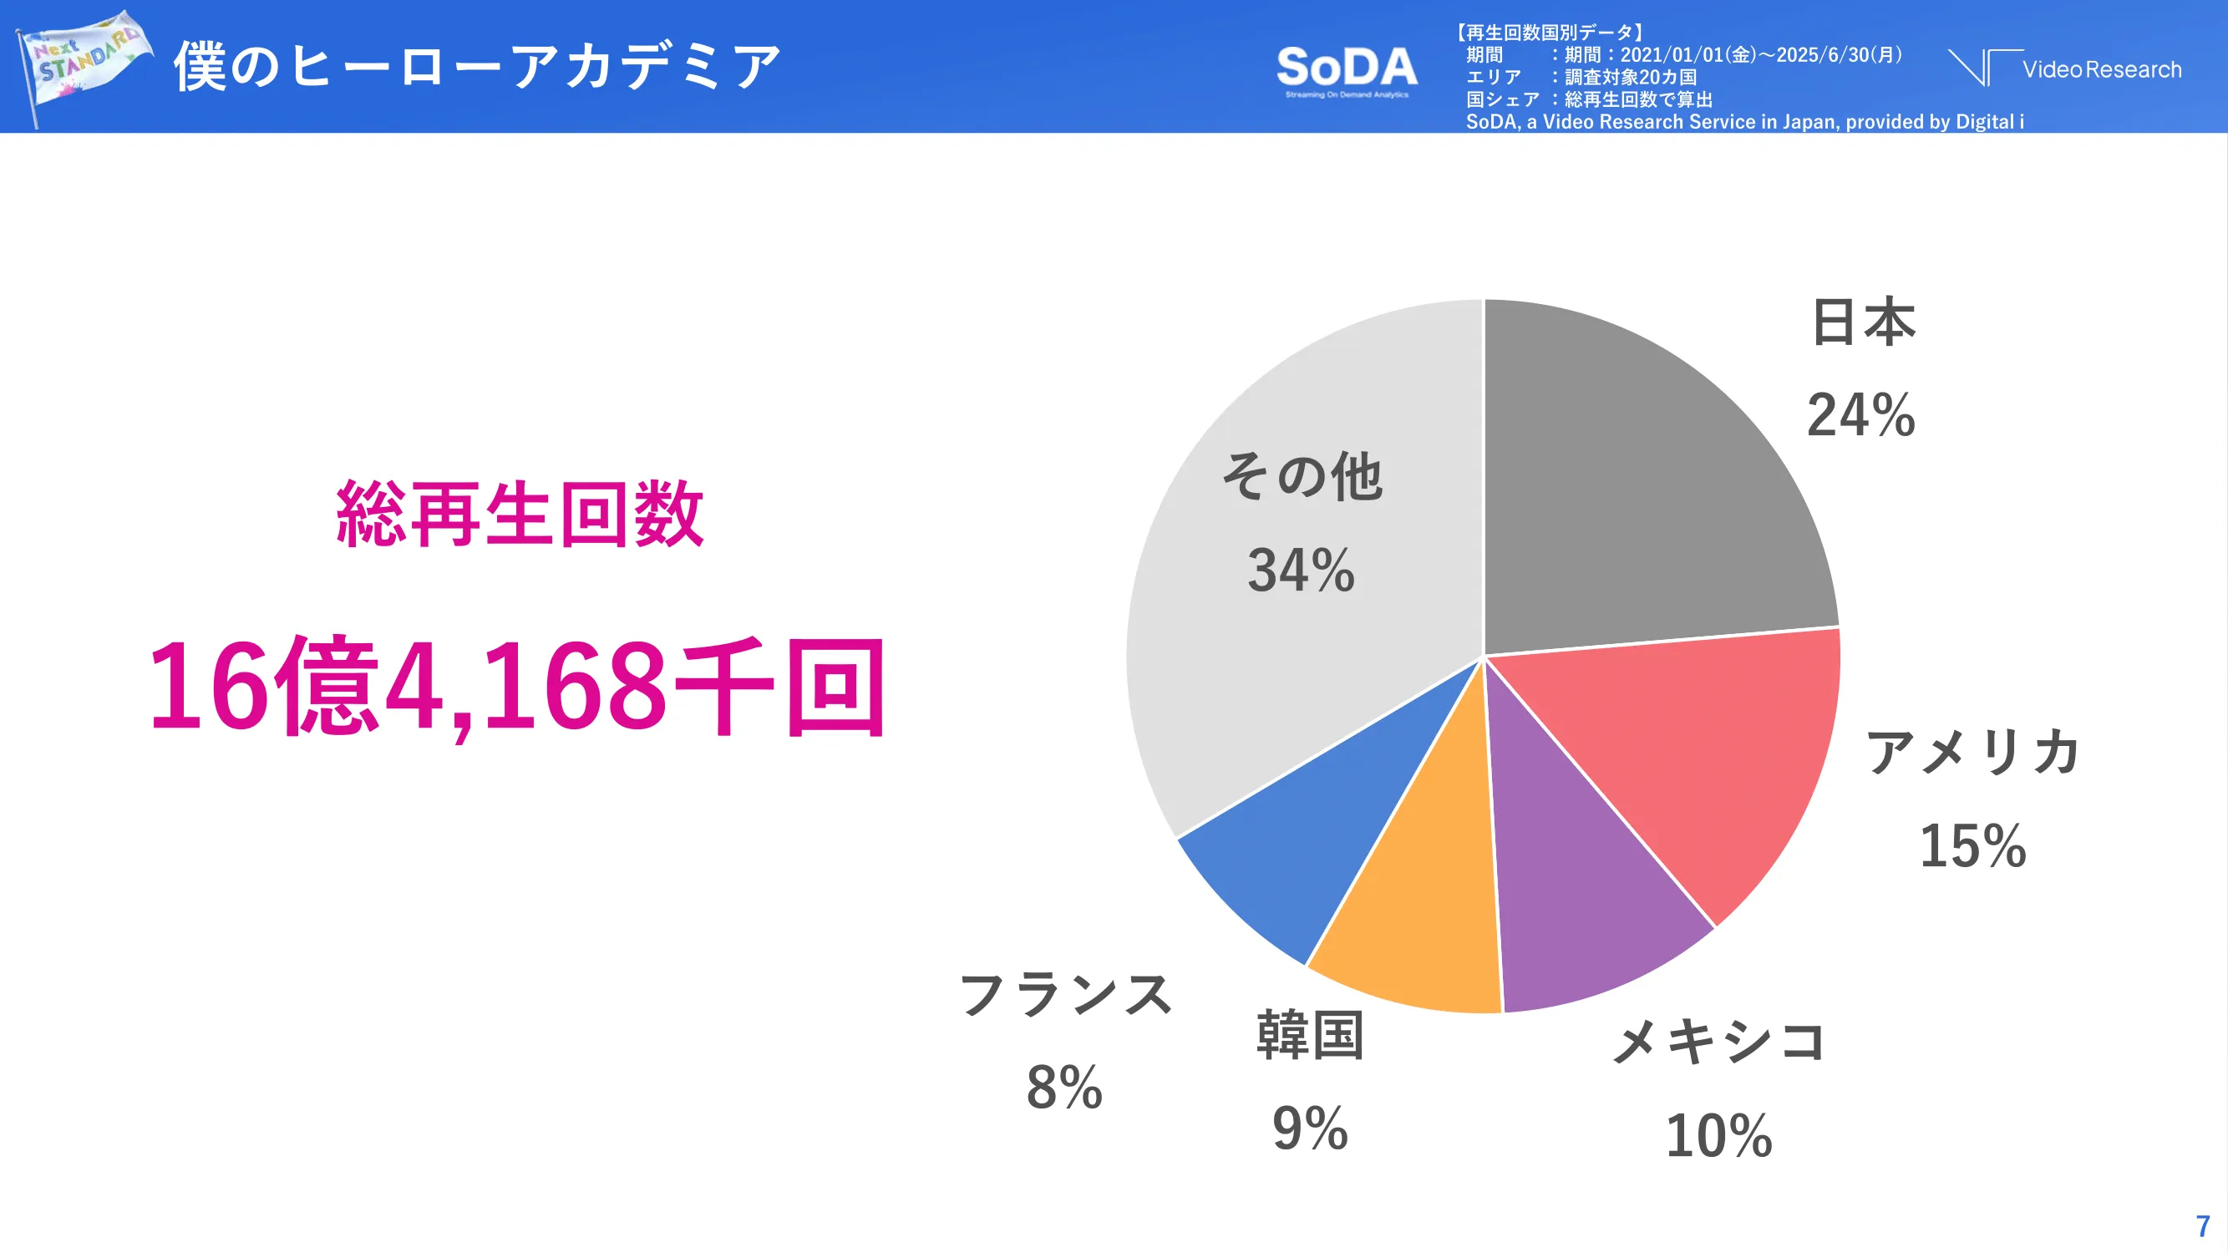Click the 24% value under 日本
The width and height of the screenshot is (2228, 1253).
(1860, 415)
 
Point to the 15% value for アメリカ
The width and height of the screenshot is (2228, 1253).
(1972, 845)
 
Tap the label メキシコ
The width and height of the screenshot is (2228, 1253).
(1718, 1040)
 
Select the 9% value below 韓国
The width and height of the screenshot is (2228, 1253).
(1309, 1129)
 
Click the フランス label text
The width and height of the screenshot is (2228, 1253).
(1066, 994)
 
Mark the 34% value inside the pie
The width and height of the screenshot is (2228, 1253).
(1301, 571)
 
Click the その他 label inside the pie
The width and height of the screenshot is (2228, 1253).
(1301, 476)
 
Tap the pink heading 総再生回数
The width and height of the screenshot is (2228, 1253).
(520, 514)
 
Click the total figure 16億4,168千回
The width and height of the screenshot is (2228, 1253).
(517, 687)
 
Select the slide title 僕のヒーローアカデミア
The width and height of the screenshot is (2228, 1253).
(478, 66)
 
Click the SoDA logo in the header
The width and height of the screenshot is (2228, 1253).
(1347, 69)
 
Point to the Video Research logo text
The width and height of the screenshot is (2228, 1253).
(2101, 69)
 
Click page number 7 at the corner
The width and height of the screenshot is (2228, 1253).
(2202, 1225)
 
